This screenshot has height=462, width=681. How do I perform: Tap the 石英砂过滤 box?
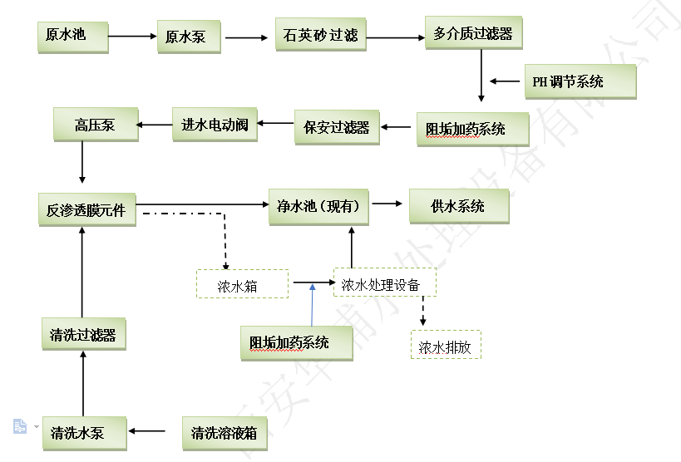pos(320,35)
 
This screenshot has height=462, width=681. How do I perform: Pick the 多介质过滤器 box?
pos(473,34)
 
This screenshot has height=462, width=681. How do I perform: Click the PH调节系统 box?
pos(580,81)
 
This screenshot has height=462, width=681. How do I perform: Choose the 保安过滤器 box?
pos(337,127)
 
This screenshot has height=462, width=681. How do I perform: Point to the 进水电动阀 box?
pos(215,125)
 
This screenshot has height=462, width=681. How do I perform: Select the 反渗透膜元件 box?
pos(86,209)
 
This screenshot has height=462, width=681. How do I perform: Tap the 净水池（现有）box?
pos(318,205)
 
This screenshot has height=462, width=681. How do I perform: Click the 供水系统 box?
pos(457,205)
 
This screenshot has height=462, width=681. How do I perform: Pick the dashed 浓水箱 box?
pos(242,284)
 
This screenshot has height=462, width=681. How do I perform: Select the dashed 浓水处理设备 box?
pos(384,283)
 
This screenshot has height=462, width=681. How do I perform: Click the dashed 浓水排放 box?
pos(446,345)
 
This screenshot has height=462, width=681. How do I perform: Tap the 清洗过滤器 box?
pos(83,334)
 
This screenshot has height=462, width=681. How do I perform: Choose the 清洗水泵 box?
pos(83,432)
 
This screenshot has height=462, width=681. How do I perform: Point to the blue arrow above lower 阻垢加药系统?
pos(313,303)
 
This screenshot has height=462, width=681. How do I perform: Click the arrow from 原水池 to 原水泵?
pos(133,36)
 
